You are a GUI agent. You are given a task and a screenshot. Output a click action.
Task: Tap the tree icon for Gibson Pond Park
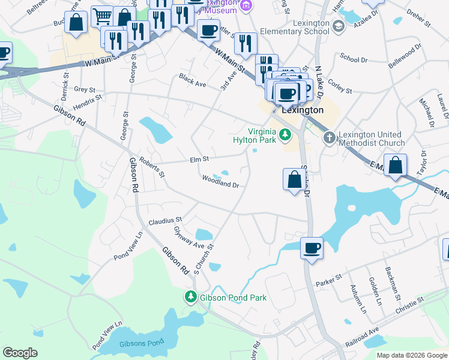(190, 297)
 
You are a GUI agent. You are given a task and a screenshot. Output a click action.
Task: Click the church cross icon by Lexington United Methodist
(329, 139)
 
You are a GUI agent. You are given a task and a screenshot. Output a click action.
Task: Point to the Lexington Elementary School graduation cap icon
(339, 26)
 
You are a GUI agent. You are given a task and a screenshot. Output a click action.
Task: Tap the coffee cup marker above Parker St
(312, 247)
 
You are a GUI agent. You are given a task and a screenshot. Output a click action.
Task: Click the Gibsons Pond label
(133, 344)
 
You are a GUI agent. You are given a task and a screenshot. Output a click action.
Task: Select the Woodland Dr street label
(220, 182)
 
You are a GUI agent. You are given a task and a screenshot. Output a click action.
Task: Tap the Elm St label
(199, 160)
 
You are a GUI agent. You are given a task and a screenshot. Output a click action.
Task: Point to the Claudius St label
(165, 221)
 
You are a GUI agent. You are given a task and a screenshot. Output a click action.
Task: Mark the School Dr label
(354, 60)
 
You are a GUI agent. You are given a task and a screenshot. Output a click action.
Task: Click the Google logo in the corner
(20, 352)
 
